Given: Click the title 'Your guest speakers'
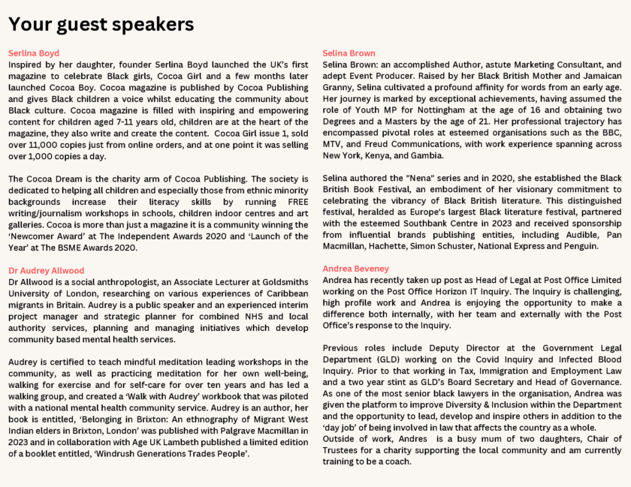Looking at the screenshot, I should [x=101, y=24].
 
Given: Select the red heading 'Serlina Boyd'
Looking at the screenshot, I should [x=34, y=53].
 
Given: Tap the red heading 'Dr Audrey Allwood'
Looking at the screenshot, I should [x=46, y=270].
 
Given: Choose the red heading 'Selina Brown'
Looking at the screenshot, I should [x=349, y=53].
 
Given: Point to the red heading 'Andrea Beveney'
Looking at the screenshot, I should [x=355, y=268].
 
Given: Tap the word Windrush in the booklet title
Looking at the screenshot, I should [x=116, y=453].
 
